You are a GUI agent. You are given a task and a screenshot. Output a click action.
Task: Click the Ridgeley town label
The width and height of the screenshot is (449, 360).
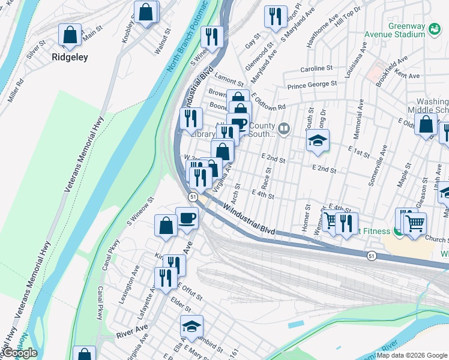click(70, 58)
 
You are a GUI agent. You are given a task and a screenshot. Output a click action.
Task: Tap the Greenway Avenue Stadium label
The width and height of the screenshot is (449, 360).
click(406, 31)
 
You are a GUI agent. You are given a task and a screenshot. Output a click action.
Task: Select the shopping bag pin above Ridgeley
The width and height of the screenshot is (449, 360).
click(70, 35)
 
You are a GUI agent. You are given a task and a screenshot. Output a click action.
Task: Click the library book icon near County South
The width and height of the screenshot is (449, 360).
click(283, 127)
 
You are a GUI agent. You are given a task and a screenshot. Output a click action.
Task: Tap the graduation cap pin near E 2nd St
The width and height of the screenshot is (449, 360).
click(319, 142)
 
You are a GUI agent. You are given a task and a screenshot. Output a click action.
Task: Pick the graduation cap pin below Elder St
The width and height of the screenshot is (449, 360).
click(191, 326)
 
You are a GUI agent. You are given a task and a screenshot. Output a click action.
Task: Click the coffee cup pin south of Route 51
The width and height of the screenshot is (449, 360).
click(187, 218)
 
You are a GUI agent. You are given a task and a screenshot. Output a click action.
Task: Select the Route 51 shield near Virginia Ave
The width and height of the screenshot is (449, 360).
click(193, 197)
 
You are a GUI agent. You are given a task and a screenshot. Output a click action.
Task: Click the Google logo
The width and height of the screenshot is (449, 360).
click(19, 353)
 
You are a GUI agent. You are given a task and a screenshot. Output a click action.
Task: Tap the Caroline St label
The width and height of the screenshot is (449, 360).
click(316, 68)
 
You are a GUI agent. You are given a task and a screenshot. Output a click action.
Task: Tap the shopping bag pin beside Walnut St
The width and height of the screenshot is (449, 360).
click(146, 12)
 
